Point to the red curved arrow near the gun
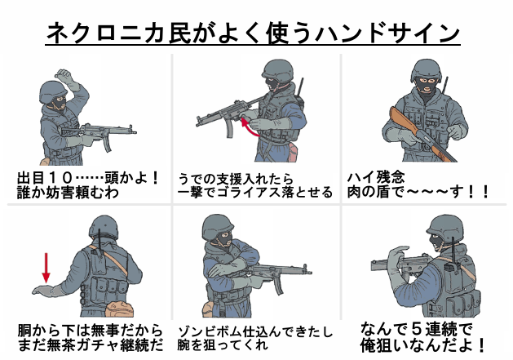(248, 127)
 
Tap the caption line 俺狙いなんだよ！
(423, 344)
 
